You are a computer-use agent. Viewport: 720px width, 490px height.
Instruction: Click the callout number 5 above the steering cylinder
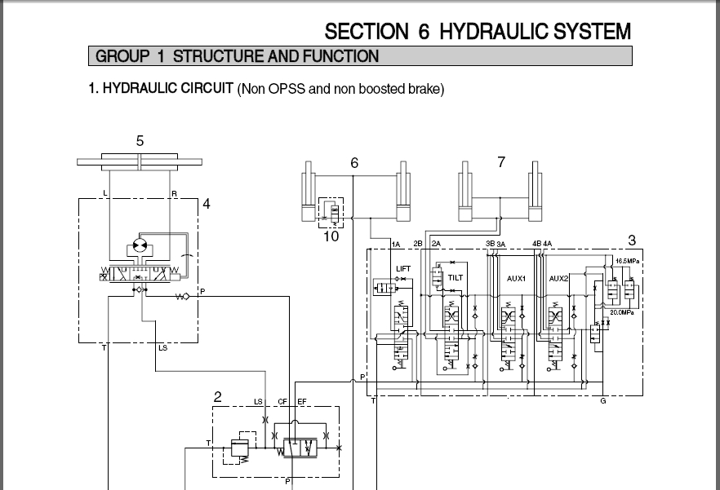(x=140, y=141)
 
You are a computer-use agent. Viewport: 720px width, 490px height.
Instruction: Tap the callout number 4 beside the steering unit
(x=207, y=204)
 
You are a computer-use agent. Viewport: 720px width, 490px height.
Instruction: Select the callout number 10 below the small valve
(x=331, y=236)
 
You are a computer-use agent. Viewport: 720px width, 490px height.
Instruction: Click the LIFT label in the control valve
(x=403, y=268)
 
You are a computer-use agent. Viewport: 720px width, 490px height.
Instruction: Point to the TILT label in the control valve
(x=456, y=278)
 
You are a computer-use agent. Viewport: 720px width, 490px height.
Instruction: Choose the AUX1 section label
(x=516, y=279)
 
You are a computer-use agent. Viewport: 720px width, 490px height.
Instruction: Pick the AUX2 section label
(x=558, y=279)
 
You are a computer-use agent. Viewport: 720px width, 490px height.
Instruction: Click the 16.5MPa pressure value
(x=628, y=261)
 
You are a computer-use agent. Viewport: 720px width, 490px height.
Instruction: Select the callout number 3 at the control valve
(x=631, y=241)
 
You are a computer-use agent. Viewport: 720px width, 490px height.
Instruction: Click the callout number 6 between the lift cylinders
(x=354, y=163)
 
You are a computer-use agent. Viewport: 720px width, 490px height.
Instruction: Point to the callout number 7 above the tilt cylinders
(x=501, y=162)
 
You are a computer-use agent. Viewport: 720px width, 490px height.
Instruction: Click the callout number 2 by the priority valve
(x=218, y=397)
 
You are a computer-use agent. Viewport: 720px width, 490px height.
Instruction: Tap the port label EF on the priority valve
(x=301, y=401)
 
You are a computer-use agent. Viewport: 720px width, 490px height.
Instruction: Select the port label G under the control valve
(x=603, y=400)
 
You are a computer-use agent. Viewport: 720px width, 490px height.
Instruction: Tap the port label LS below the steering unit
(x=162, y=348)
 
